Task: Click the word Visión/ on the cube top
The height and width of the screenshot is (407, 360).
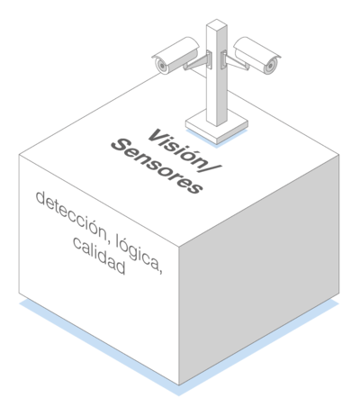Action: [x=184, y=151]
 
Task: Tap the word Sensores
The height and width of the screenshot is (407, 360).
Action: [x=157, y=166]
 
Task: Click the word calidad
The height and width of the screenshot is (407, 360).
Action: [x=99, y=256]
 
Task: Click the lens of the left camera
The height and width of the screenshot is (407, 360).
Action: [x=162, y=66]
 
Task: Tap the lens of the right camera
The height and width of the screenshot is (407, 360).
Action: [x=271, y=65]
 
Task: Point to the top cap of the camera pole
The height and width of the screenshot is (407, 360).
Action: [x=216, y=24]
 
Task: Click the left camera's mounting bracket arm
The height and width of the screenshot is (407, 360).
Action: [x=197, y=62]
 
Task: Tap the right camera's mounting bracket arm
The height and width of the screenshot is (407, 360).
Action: [x=236, y=62]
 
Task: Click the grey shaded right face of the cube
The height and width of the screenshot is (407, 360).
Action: [x=259, y=269]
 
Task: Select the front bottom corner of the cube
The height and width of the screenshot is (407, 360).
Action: [x=179, y=384]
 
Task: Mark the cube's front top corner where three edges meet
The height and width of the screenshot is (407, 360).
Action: [x=179, y=247]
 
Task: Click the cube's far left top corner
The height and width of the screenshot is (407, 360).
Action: [x=19, y=155]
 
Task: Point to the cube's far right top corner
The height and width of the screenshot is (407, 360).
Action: [x=339, y=155]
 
